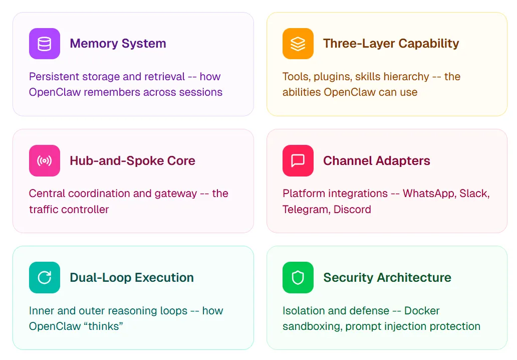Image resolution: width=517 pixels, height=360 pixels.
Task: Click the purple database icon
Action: pos(45,44)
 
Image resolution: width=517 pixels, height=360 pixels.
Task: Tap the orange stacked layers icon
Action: pos(298,44)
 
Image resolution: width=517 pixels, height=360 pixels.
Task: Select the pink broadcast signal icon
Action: pos(45,161)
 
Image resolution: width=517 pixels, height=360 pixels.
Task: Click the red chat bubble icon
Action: pos(298,161)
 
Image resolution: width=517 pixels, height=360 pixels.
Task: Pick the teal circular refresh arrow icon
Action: pos(45,277)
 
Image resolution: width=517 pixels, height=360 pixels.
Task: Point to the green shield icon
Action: pos(298,277)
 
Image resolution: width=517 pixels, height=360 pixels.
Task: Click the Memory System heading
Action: pos(118,44)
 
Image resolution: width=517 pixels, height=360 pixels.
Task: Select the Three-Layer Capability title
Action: pos(391,44)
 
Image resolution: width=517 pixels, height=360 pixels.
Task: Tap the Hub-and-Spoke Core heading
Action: pos(133,161)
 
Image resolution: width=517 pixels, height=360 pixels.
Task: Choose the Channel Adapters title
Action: pos(377,161)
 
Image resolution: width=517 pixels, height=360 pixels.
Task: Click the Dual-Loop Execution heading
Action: pos(132,277)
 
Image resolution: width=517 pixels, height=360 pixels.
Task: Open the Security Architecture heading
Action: pos(387,277)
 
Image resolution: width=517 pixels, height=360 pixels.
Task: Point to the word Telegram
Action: pos(307,210)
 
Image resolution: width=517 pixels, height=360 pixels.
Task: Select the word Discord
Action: pos(352,209)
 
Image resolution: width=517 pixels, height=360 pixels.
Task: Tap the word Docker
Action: pos(422,310)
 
